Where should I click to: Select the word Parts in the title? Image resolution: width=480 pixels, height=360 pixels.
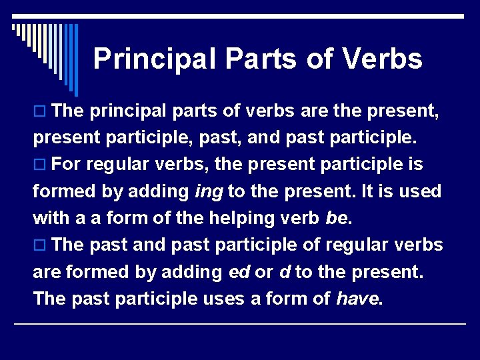[x=261, y=59]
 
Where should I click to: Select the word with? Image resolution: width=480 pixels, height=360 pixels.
[x=53, y=219]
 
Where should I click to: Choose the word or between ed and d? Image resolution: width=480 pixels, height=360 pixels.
[x=263, y=272]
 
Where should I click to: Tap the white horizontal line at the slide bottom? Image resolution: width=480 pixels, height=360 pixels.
[x=240, y=324]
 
